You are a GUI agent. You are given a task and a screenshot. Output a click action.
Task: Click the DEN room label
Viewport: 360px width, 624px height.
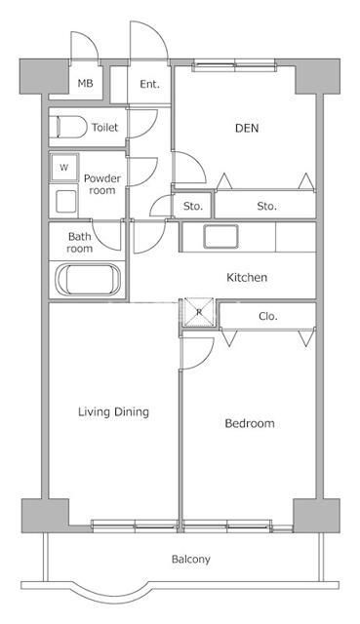[247, 128]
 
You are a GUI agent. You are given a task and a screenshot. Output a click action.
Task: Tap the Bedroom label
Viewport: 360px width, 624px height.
[250, 423]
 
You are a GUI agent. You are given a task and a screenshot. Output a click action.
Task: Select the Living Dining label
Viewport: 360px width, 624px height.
[113, 411]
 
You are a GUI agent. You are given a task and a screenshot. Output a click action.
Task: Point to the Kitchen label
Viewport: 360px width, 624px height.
[247, 277]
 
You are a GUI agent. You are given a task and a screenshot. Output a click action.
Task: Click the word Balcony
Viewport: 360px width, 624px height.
[191, 560]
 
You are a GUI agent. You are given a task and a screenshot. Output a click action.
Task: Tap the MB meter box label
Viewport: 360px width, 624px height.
[85, 84]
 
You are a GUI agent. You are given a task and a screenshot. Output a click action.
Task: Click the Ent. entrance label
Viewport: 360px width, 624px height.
[149, 85]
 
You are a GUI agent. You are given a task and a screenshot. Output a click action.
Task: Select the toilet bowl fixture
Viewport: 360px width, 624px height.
[69, 128]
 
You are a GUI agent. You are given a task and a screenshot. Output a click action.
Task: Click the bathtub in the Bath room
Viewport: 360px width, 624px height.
[88, 280]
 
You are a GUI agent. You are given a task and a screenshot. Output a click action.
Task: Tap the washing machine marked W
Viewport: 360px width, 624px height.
[63, 168]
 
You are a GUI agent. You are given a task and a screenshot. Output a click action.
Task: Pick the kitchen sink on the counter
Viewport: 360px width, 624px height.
[221, 236]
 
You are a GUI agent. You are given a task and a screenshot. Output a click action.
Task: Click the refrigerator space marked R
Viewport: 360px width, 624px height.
[199, 312]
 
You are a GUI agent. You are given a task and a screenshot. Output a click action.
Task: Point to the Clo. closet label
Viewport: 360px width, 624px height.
[267, 316]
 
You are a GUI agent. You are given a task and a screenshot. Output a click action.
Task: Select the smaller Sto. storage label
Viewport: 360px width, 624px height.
[193, 207]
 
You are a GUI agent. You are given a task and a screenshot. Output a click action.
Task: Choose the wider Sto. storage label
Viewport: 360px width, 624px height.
[266, 207]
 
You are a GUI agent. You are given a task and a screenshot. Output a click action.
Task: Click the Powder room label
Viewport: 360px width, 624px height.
[102, 184]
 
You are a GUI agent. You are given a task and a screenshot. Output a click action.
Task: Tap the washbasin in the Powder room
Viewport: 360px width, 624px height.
[66, 202]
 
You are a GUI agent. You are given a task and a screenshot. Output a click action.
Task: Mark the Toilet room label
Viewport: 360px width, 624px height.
[105, 128]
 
